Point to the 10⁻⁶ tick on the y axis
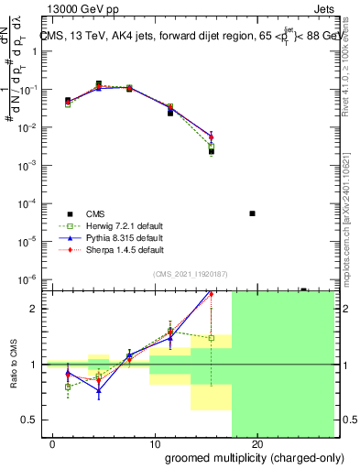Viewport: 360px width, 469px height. click(34, 279)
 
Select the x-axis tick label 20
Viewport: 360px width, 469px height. click(257, 444)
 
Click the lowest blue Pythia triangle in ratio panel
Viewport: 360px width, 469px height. click(99, 389)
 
